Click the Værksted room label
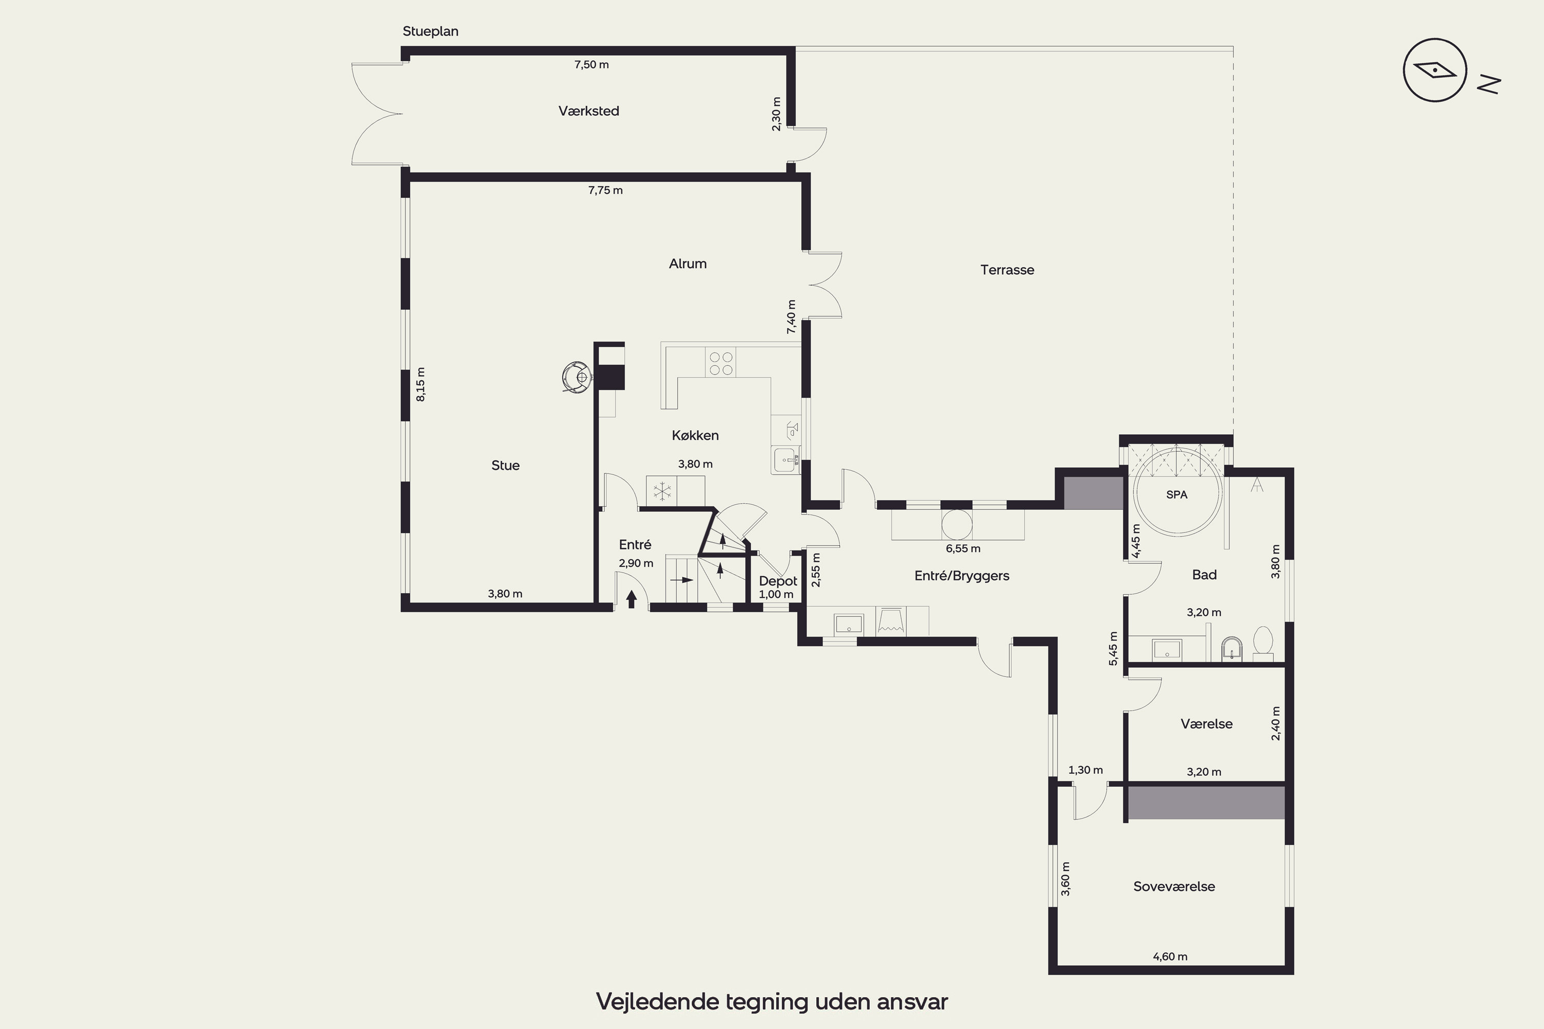click(x=589, y=111)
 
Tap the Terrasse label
click(x=1007, y=270)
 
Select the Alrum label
click(x=687, y=264)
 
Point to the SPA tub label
click(x=1177, y=495)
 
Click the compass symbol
click(x=1435, y=70)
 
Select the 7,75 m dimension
click(x=605, y=190)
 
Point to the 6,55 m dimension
click(x=963, y=548)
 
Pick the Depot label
click(x=778, y=581)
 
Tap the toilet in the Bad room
click(x=1263, y=644)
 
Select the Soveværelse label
click(x=1174, y=886)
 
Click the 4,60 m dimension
click(x=1170, y=957)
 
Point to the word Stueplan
click(x=431, y=31)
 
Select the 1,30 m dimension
click(x=1086, y=770)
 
